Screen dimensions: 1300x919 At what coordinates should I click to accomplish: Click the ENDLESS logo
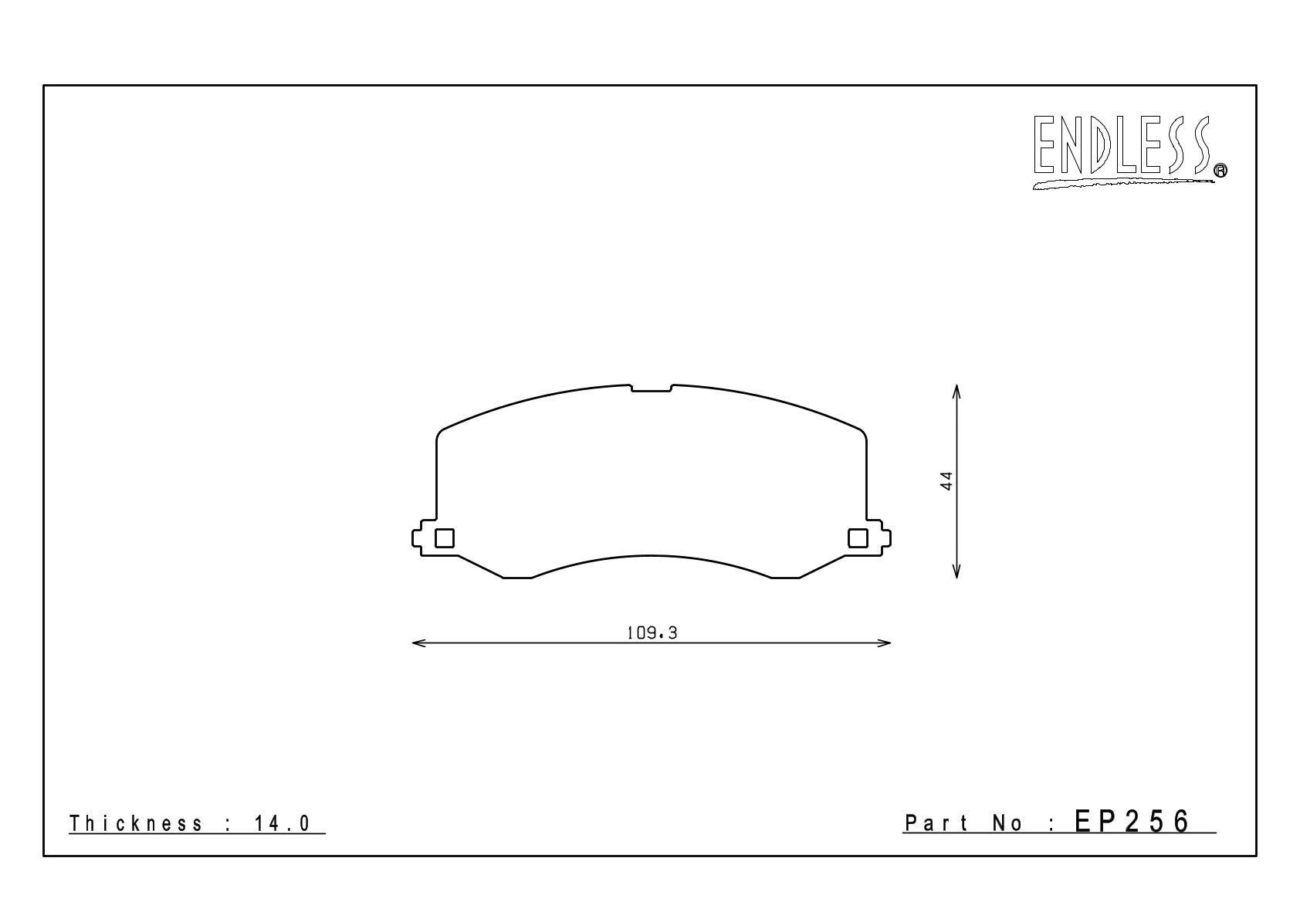click(1129, 152)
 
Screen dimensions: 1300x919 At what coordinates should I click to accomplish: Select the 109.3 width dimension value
click(652, 632)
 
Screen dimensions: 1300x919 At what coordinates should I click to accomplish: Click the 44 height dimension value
click(946, 480)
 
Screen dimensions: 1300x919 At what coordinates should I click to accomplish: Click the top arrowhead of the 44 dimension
click(956, 392)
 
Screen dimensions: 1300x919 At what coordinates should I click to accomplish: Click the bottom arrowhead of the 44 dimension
click(956, 571)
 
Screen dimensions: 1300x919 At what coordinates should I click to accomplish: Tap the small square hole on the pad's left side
click(444, 538)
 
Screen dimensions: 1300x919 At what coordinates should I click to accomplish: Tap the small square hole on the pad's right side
click(858, 538)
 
